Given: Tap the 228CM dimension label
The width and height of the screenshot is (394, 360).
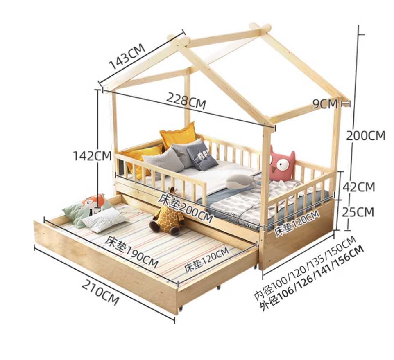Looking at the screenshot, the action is click(186, 100).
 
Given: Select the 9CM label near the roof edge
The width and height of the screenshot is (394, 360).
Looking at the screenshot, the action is click(325, 103).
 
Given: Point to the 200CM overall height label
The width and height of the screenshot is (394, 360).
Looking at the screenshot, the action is click(366, 135).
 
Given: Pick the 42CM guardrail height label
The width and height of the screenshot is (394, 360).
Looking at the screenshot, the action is click(359, 187).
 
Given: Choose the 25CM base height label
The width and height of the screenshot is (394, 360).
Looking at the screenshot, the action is click(358, 212).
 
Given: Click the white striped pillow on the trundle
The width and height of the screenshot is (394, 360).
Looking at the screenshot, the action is click(104, 220).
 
